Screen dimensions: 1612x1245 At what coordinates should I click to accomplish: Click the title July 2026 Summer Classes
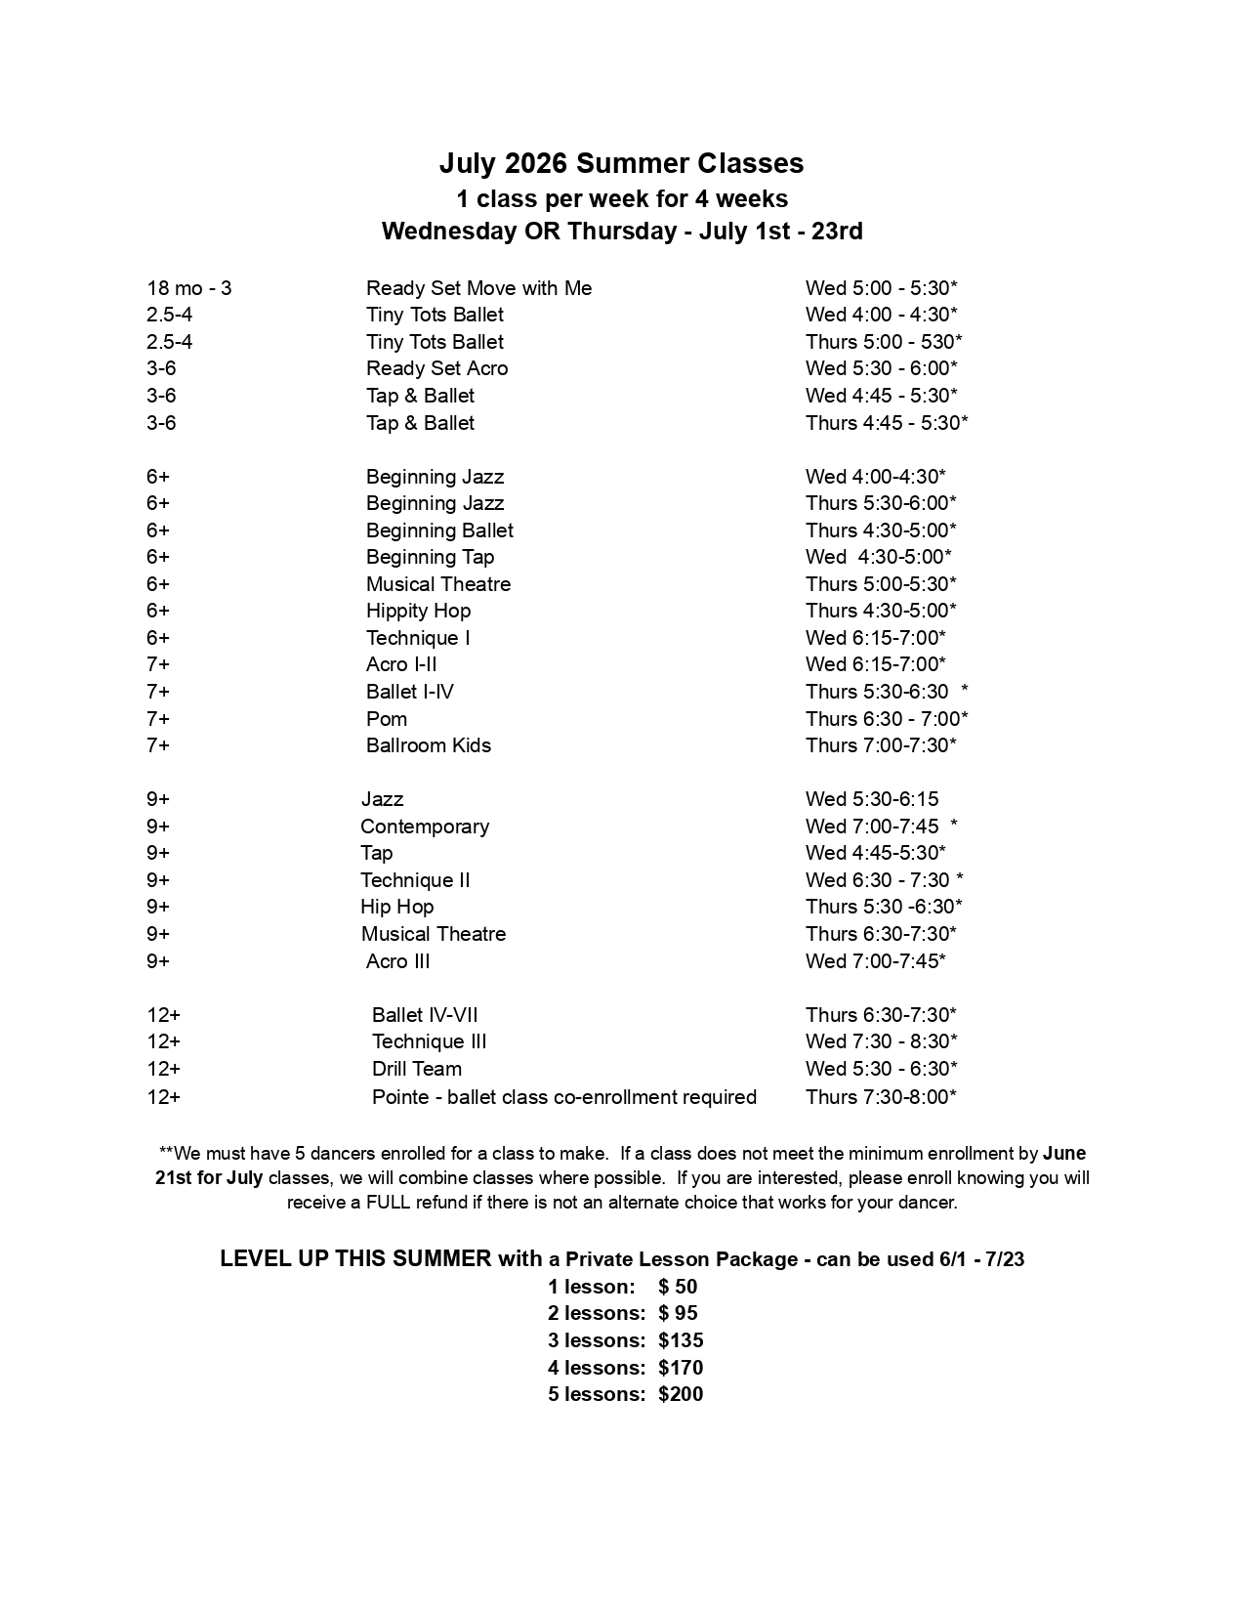coord(621,163)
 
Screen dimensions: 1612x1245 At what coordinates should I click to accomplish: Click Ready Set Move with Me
coord(478,288)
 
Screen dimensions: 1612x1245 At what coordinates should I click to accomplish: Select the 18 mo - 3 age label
coord(189,288)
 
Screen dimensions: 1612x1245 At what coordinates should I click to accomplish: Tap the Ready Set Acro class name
coord(436,368)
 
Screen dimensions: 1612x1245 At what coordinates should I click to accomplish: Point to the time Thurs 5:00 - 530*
coord(884,342)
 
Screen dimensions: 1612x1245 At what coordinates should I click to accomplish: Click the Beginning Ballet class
coord(439,530)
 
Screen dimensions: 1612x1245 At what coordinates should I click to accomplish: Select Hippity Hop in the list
coord(418,611)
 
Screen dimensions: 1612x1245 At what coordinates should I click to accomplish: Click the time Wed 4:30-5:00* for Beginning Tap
coord(878,557)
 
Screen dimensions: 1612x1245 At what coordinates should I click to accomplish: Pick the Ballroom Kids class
coord(428,745)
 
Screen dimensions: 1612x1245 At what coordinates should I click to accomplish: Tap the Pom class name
coord(387,719)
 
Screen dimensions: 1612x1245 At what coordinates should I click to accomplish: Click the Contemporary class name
coord(425,827)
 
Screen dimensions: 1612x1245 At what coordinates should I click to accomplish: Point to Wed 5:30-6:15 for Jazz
coord(872,799)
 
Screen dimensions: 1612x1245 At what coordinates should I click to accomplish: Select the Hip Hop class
coord(396,907)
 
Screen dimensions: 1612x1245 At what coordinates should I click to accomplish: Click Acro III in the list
coord(397,961)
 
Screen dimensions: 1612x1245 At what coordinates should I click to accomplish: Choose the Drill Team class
coord(417,1069)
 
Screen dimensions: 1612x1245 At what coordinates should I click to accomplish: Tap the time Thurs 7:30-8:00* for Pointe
coord(881,1097)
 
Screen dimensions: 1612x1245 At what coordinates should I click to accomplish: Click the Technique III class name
coord(429,1041)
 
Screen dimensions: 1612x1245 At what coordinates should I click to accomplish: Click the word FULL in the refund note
coord(389,1203)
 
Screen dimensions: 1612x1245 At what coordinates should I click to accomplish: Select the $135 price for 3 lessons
coord(681,1340)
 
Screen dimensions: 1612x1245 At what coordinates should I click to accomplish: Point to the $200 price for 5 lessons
coord(681,1394)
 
